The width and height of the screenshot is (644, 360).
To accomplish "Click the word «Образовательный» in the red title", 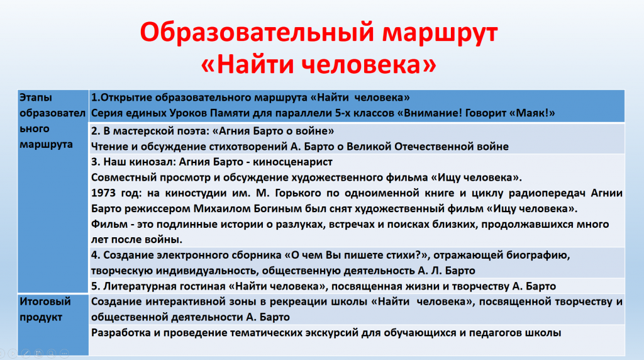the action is (257, 32).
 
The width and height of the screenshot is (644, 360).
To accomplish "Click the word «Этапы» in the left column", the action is (36, 98).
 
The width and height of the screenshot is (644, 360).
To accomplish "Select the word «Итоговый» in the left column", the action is (45, 301).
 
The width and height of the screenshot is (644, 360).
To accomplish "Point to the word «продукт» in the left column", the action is (41, 318).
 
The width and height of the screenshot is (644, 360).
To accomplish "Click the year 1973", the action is (103, 193).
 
